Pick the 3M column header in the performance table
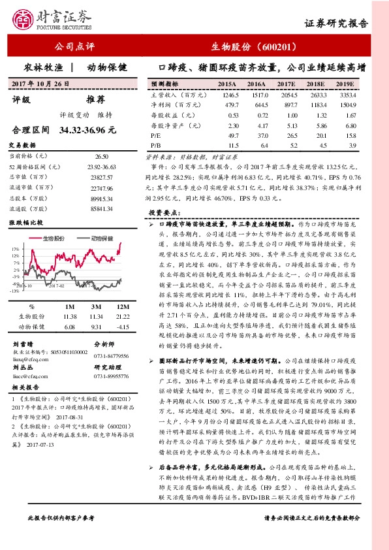[x=96, y=306]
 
